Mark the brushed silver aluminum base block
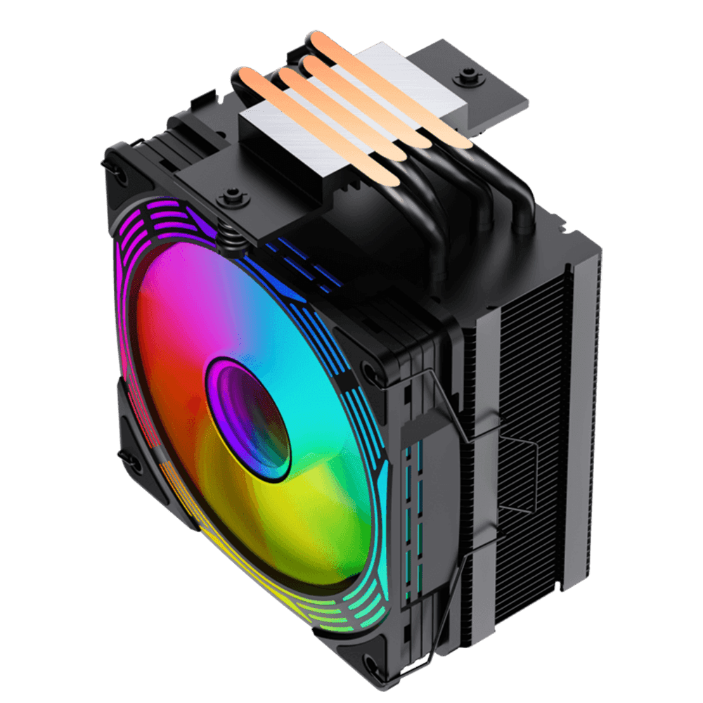(281, 141)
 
